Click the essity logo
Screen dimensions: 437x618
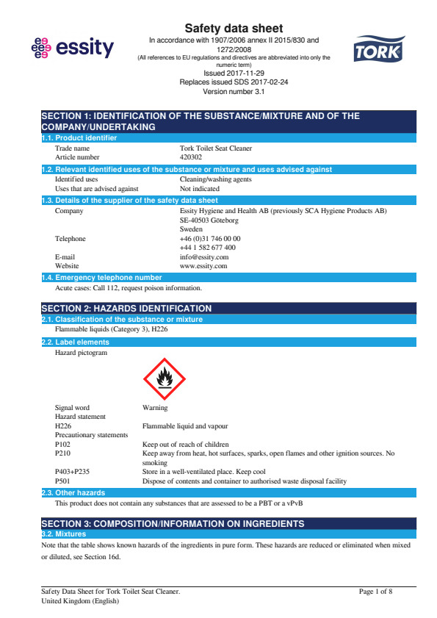point(73,48)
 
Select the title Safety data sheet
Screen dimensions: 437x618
point(234,28)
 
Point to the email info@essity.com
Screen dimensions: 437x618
point(203,257)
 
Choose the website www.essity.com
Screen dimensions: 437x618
point(203,266)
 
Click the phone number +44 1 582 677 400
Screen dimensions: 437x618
point(207,248)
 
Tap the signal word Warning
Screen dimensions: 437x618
point(155,407)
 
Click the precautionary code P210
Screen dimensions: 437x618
point(63,453)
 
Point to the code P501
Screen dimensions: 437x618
point(63,481)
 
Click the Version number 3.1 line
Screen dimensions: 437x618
point(234,92)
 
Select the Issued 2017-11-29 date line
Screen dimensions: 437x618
point(234,73)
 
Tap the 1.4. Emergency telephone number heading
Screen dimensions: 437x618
point(102,278)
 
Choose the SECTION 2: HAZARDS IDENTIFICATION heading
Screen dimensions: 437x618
point(126,308)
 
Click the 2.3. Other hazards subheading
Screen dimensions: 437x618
point(73,492)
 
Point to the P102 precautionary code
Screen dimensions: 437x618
point(63,444)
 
